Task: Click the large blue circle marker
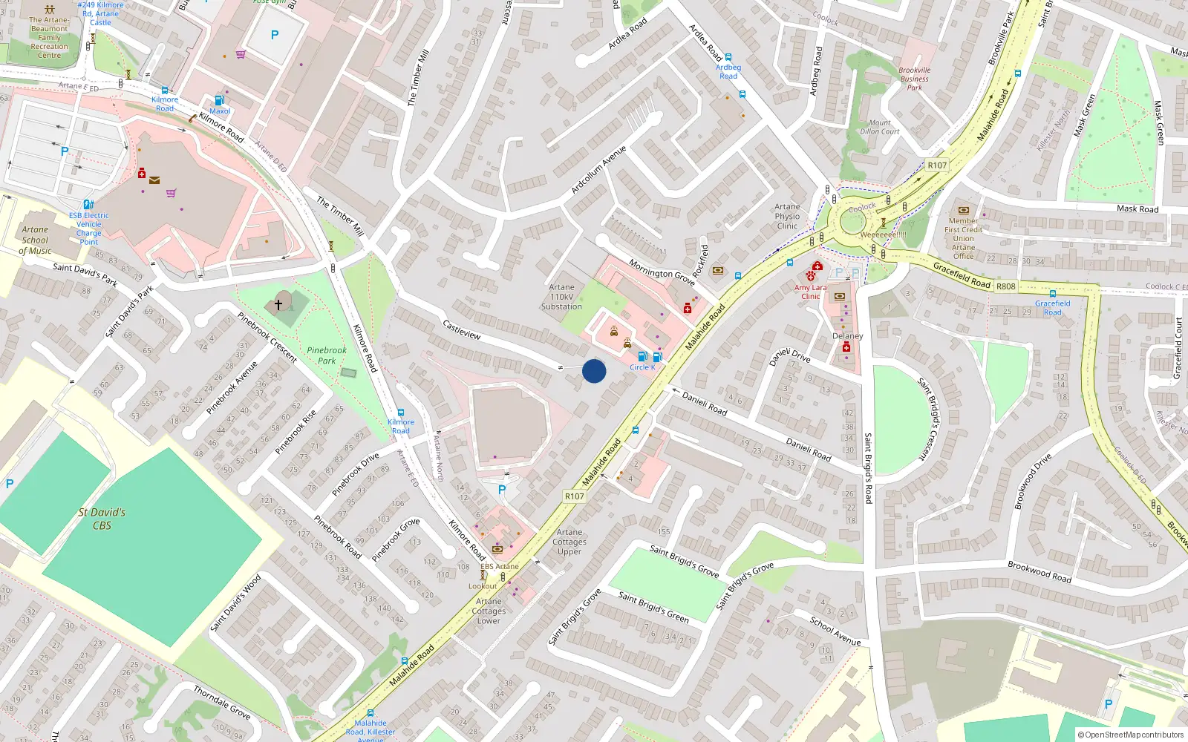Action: [594, 371]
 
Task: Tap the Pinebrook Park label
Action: [327, 355]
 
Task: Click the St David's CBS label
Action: [102, 519]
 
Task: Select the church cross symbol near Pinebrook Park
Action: [278, 304]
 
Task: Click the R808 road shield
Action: [1005, 286]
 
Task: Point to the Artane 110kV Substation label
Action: [561, 297]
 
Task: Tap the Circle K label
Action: [642, 367]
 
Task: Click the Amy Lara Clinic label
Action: [810, 292]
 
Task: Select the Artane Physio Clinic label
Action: [787, 217]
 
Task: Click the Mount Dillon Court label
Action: [880, 127]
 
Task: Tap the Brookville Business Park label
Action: [914, 79]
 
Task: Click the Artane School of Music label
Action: [35, 240]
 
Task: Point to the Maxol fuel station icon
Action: [219, 100]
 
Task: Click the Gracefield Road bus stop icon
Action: [1052, 294]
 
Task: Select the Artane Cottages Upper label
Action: [569, 542]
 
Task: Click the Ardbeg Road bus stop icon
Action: [728, 57]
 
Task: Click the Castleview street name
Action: [462, 329]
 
